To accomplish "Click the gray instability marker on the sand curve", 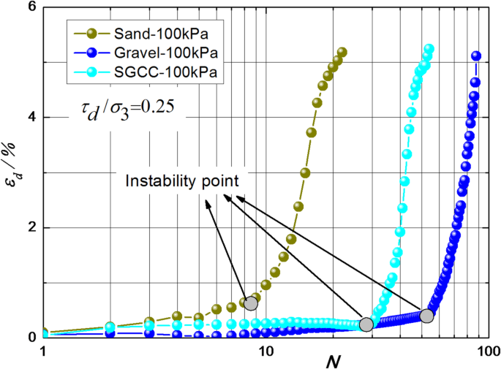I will click(x=251, y=303).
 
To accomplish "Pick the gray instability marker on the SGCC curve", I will click(x=367, y=324).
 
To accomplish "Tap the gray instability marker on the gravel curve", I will click(x=427, y=316).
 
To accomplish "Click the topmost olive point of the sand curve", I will click(x=342, y=52).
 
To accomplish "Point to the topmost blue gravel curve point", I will click(x=476, y=56).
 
